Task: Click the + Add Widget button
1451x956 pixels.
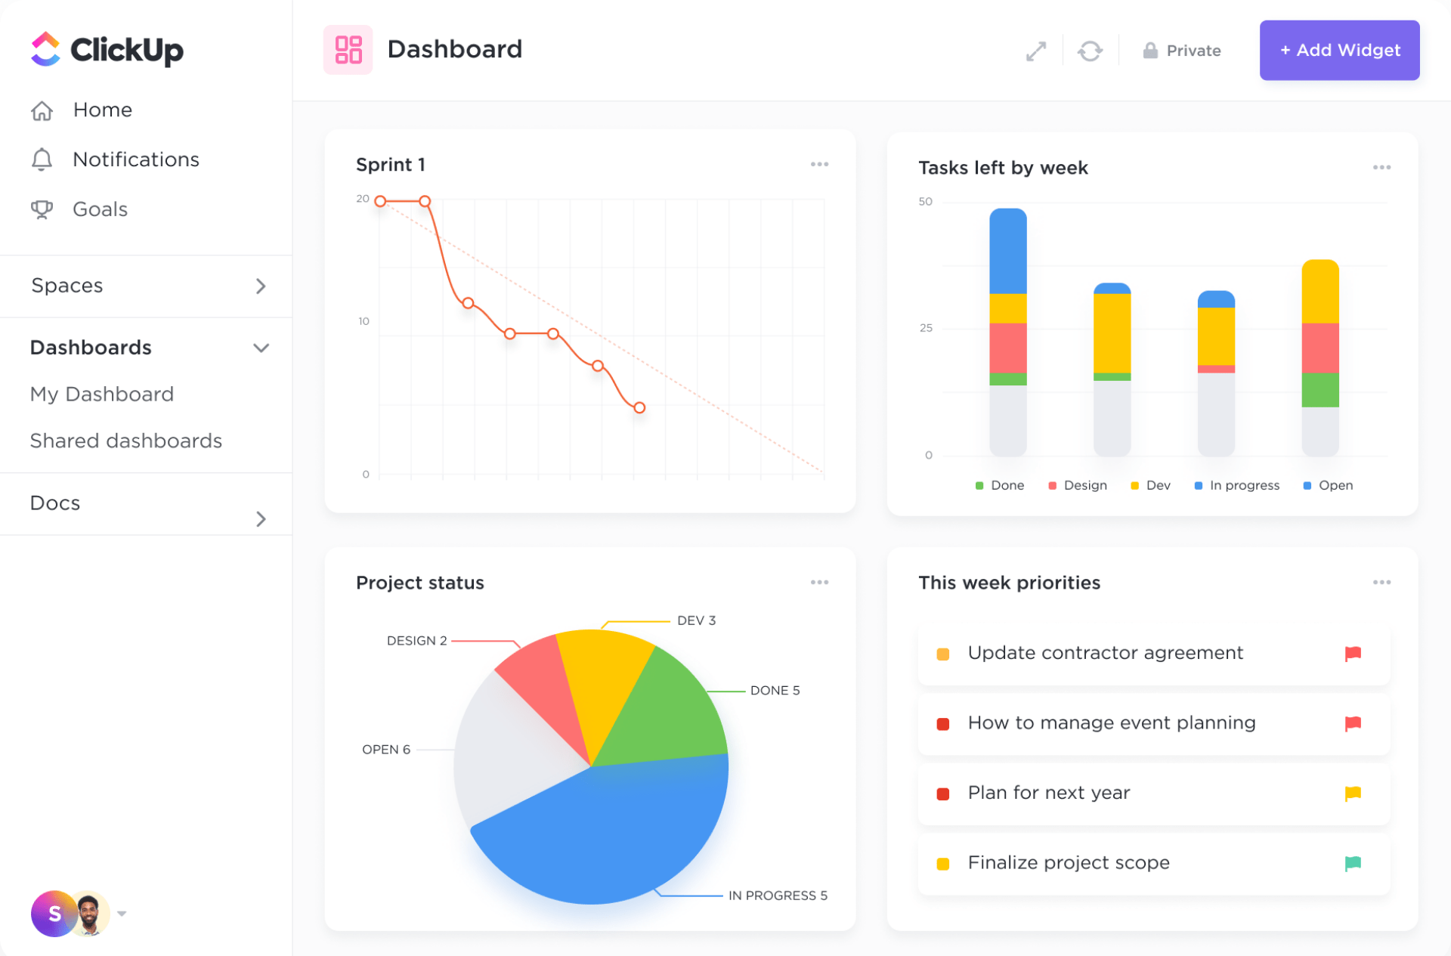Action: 1339,50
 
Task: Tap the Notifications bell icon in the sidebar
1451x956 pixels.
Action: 42,159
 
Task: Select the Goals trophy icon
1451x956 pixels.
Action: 42,209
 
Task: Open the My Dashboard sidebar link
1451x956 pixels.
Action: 102,394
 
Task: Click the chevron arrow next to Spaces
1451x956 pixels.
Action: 261,286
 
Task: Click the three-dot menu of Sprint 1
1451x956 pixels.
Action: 819,164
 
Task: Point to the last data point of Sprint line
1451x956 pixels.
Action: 639,407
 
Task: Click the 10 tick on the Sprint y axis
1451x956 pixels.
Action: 364,321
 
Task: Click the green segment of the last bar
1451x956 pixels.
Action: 1320,390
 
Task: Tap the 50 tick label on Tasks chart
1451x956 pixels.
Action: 925,202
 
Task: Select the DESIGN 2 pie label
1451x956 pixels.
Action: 416,641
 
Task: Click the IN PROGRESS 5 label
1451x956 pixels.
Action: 777,896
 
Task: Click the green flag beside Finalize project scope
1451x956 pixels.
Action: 1353,863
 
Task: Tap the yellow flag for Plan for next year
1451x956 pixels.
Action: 1353,794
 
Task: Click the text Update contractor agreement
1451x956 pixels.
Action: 1105,653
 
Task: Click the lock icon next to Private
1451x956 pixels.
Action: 1149,51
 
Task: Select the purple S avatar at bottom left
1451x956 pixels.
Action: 53,914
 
